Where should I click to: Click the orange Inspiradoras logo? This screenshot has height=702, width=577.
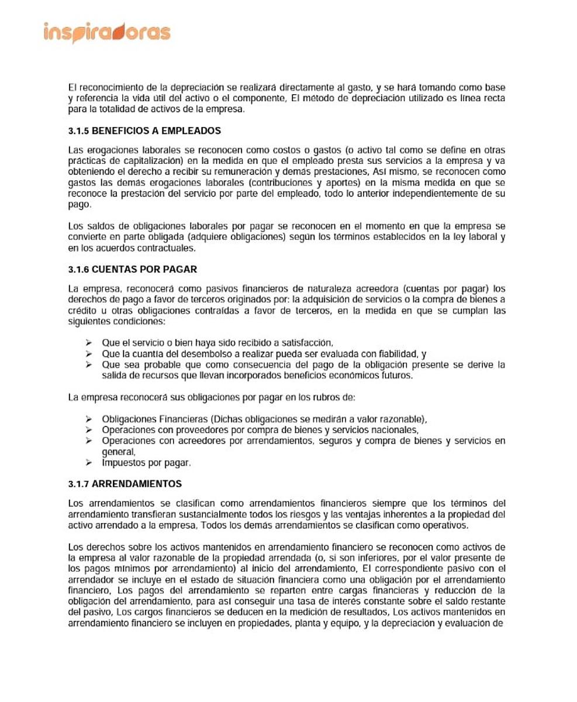click(107, 32)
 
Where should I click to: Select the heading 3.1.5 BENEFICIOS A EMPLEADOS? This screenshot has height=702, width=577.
click(144, 130)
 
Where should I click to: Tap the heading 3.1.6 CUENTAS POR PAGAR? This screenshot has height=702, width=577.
click(133, 270)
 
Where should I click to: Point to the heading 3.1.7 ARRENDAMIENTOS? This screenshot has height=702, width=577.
click(125, 484)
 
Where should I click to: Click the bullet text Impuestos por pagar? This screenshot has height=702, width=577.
click(146, 463)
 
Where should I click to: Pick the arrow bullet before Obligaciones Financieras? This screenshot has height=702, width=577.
click(89, 419)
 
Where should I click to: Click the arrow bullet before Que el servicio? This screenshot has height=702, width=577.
click(89, 343)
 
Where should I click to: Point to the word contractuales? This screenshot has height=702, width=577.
click(166, 247)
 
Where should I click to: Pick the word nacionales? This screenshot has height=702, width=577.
click(393, 430)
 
